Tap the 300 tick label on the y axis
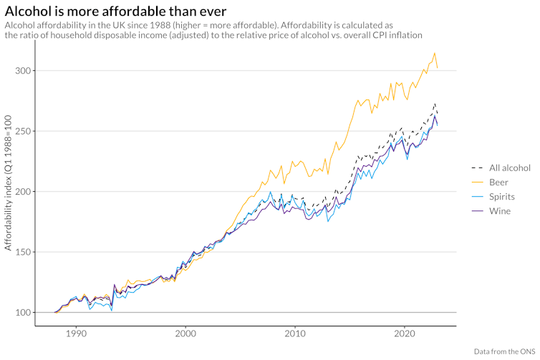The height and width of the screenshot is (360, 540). pyautogui.click(x=23, y=71)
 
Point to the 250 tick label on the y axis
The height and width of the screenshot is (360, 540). pyautogui.click(x=23, y=131)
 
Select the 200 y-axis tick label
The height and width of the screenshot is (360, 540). pyautogui.click(x=23, y=192)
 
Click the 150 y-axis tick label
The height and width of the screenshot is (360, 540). pyautogui.click(x=23, y=253)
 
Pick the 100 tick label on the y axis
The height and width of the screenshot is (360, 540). pyautogui.click(x=23, y=313)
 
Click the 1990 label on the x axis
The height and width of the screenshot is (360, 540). pyautogui.click(x=76, y=334)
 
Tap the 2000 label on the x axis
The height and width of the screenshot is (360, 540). pyautogui.click(x=185, y=334)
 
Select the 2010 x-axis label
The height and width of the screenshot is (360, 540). pyautogui.click(x=295, y=334)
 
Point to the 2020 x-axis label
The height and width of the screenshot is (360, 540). pyautogui.click(x=405, y=334)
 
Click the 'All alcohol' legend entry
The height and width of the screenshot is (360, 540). pyautogui.click(x=509, y=168)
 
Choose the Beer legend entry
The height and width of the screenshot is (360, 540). pyautogui.click(x=499, y=183)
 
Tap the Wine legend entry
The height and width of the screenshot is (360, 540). pyautogui.click(x=500, y=211)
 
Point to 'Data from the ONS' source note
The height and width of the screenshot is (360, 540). pyautogui.click(x=504, y=351)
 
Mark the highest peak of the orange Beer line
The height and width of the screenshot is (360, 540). pyautogui.click(x=434, y=53)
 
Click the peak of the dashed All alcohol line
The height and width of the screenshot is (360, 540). pyautogui.click(x=435, y=104)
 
